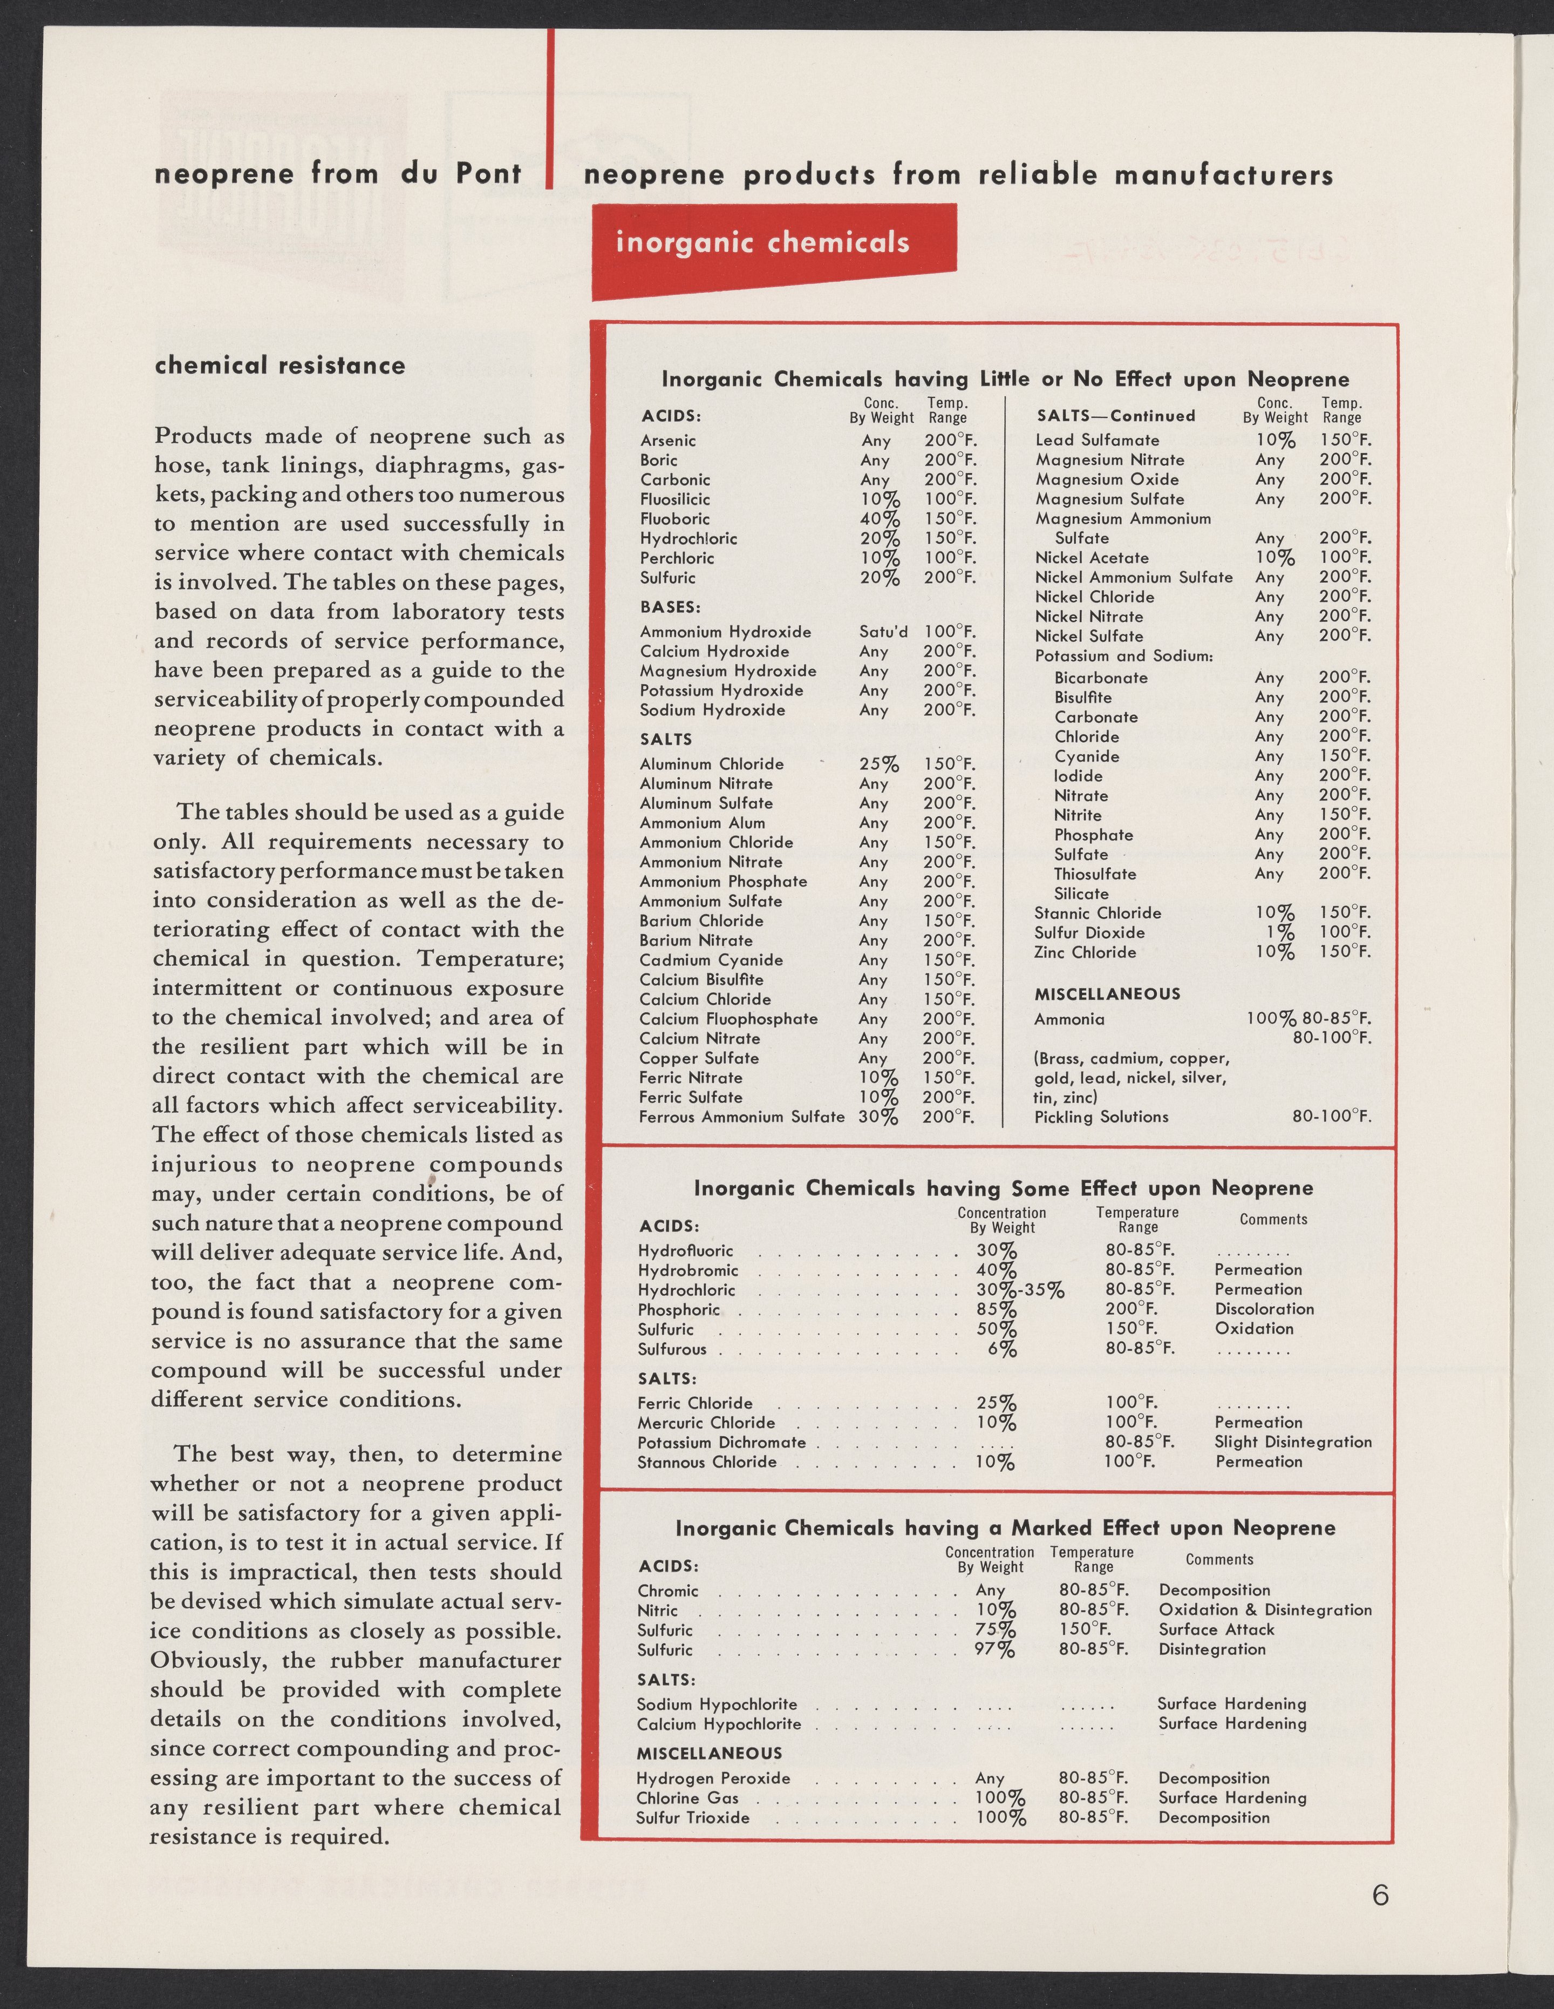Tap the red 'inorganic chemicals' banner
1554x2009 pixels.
click(762, 243)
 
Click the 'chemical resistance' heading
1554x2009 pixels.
click(280, 365)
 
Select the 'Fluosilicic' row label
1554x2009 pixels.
click(675, 498)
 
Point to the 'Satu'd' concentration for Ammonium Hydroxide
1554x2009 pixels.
click(883, 632)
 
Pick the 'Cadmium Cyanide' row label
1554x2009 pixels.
click(711, 959)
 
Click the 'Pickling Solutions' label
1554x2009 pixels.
click(1101, 1117)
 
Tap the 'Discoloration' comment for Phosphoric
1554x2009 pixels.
click(1263, 1309)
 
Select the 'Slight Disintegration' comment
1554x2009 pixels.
click(1292, 1442)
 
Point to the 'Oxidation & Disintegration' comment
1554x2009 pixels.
click(1264, 1610)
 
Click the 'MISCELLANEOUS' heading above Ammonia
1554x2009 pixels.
click(1093, 993)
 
